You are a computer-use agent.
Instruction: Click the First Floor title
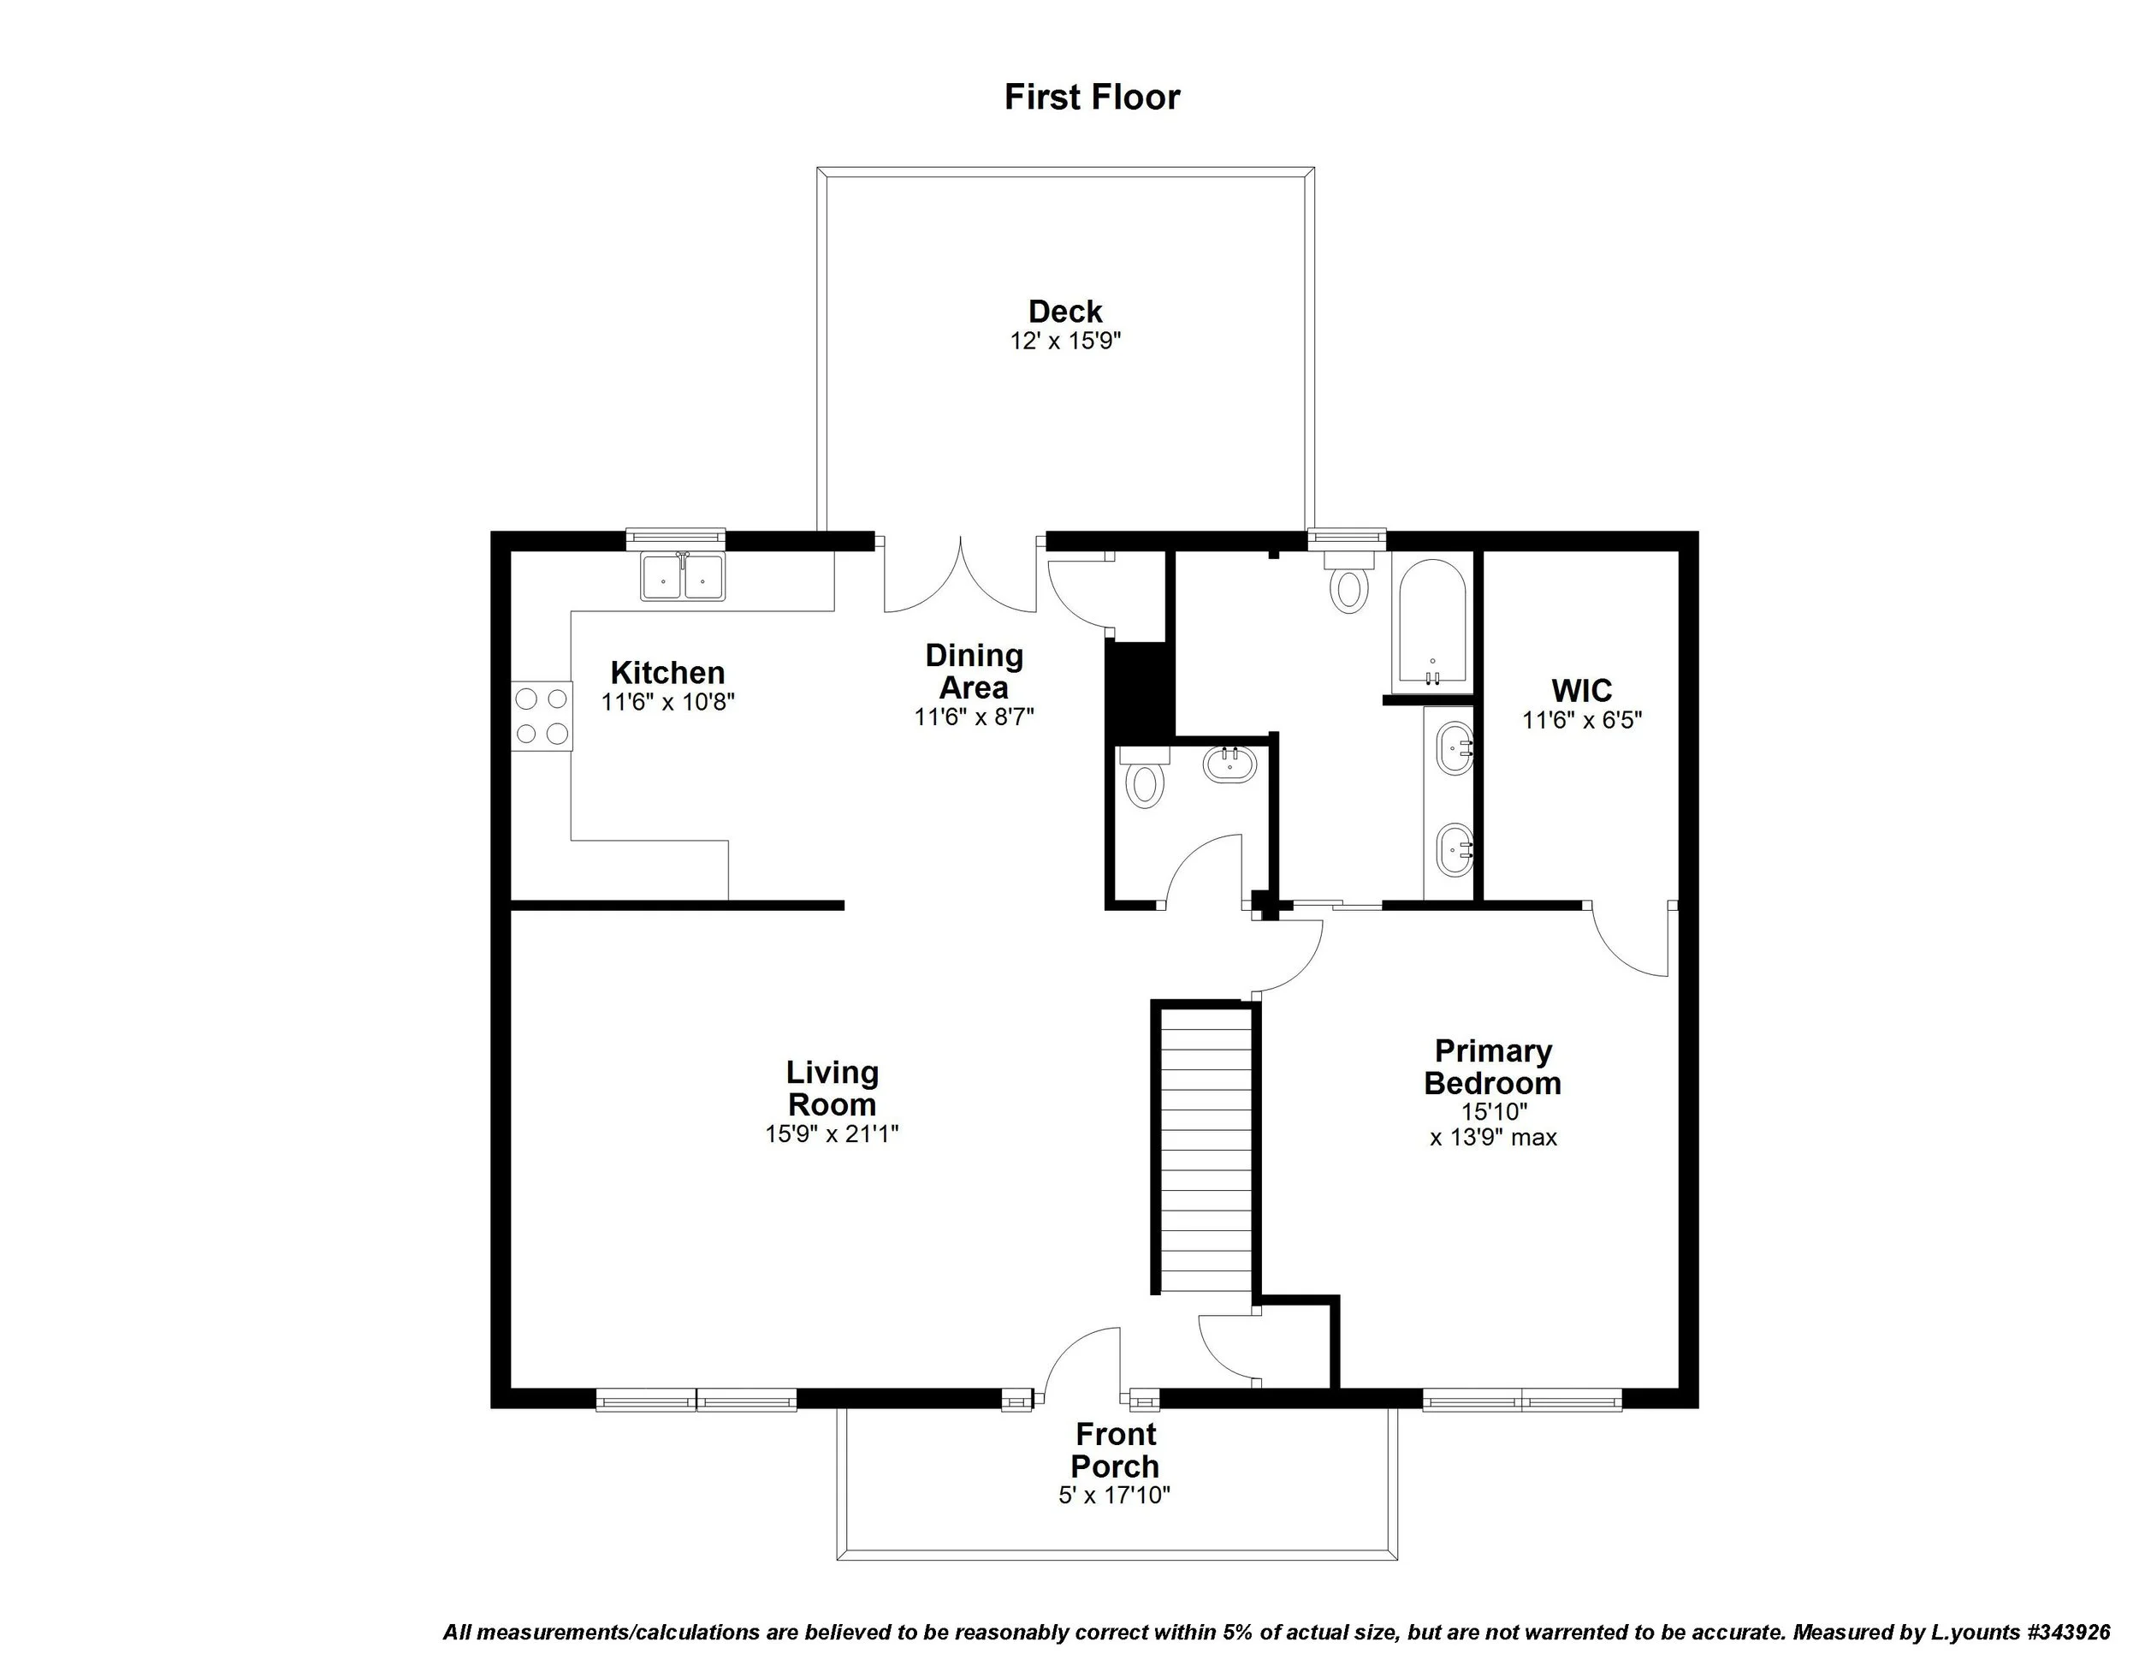(1092, 97)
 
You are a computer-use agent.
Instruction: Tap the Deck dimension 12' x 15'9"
(1064, 341)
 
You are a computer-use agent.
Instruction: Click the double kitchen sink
(683, 576)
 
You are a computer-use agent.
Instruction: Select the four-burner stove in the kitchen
(542, 716)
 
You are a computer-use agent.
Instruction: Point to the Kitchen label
(667, 672)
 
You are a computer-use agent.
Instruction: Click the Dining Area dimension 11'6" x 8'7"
(974, 717)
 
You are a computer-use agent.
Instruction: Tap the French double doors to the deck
(961, 578)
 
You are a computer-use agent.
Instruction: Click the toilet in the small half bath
(1144, 780)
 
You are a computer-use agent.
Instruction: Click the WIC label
(1581, 690)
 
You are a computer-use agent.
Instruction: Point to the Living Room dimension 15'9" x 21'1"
(832, 1133)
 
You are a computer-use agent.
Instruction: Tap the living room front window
(696, 1399)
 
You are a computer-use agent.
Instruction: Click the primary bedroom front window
(1521, 1399)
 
